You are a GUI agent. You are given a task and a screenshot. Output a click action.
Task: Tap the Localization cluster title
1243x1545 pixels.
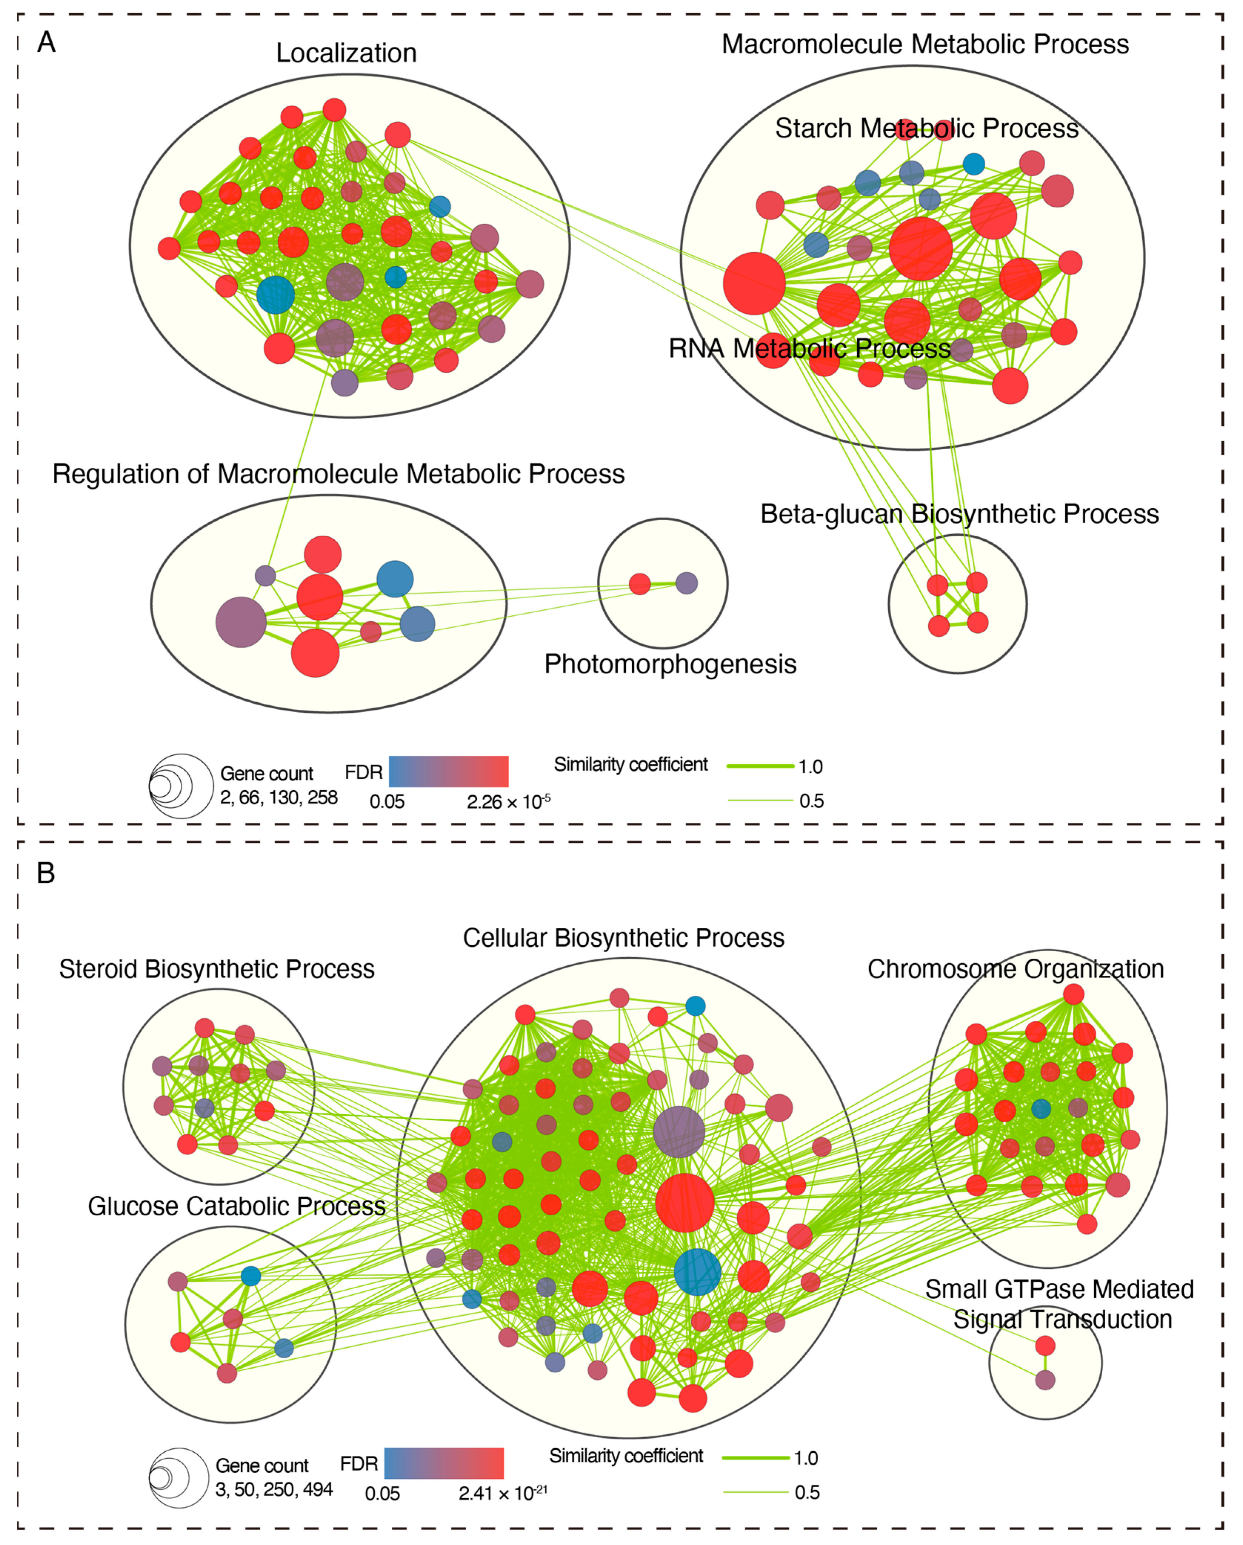(346, 53)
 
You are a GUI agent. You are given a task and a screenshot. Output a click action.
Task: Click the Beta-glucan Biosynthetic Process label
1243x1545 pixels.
(959, 514)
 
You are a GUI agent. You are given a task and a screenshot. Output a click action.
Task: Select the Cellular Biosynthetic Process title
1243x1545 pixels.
(623, 938)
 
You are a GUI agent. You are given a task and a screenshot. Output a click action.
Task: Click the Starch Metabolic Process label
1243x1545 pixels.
(926, 128)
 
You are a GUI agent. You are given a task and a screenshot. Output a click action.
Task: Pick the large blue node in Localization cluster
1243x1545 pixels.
(276, 294)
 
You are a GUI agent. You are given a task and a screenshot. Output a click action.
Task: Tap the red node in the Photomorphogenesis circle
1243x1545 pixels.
(640, 584)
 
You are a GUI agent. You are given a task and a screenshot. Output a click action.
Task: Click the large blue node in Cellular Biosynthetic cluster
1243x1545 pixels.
(697, 1272)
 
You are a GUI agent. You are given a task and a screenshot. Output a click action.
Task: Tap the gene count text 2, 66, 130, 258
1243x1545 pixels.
(279, 798)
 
